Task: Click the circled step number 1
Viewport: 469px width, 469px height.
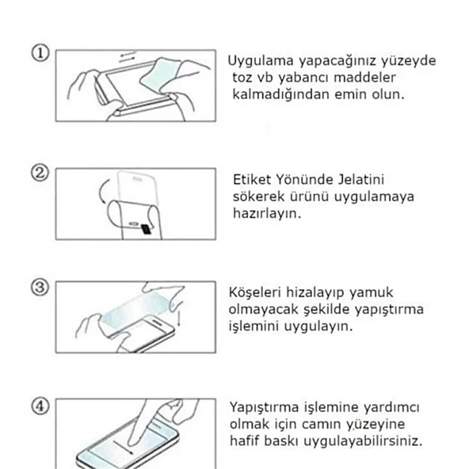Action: pyautogui.click(x=41, y=53)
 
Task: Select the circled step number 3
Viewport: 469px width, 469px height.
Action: pyautogui.click(x=41, y=286)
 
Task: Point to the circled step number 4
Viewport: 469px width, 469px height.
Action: pyautogui.click(x=41, y=406)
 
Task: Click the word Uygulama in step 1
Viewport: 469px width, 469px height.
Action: pyautogui.click(x=258, y=62)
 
